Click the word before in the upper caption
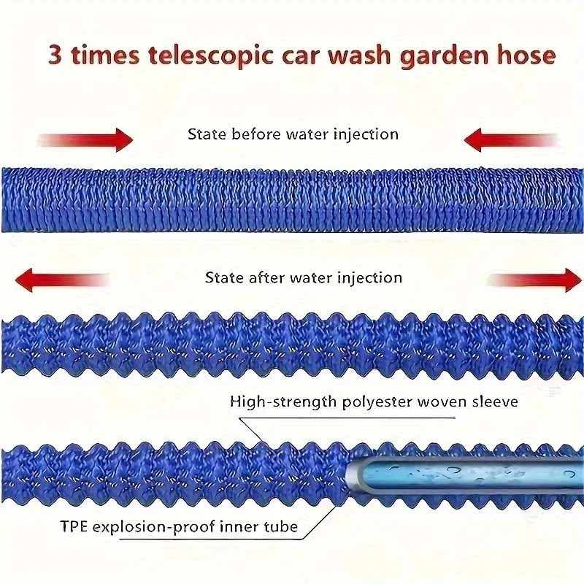(x=252, y=134)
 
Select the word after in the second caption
(x=262, y=277)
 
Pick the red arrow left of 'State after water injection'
(x=63, y=279)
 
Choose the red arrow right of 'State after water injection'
(x=534, y=279)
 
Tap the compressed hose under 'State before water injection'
(x=292, y=197)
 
